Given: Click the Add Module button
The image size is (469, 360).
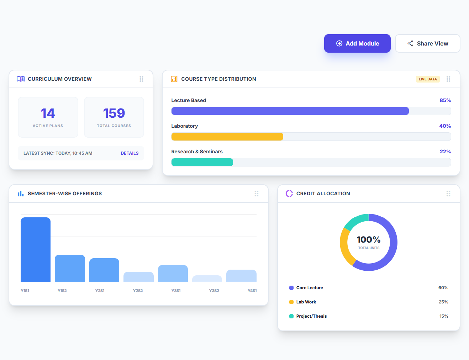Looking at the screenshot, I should (x=357, y=43).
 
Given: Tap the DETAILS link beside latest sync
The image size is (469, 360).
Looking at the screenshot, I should (x=130, y=153).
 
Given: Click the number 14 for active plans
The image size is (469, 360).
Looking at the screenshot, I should (x=48, y=113).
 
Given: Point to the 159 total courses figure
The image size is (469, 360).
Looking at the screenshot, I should (x=114, y=113).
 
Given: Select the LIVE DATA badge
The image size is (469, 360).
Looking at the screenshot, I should (x=427, y=79).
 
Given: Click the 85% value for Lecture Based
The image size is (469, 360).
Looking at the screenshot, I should (x=445, y=100).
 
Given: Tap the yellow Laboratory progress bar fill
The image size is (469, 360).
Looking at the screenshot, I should (x=227, y=137).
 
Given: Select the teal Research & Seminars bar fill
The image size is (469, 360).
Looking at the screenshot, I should (x=202, y=162).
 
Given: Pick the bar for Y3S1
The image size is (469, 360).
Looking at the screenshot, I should (x=173, y=274).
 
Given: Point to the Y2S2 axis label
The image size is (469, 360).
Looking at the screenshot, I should (x=138, y=291).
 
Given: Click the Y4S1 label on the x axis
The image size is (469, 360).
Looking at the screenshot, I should (x=252, y=291).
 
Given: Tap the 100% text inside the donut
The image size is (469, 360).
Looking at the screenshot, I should (x=369, y=240).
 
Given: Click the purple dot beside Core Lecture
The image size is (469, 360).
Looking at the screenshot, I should (x=291, y=288).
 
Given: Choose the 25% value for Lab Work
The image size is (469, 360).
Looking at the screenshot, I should (x=443, y=302).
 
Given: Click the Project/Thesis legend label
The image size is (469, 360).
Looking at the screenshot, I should (x=311, y=316).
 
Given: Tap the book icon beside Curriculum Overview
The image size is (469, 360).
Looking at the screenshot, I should (x=21, y=79).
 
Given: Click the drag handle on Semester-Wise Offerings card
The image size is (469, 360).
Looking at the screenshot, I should (x=257, y=194).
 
